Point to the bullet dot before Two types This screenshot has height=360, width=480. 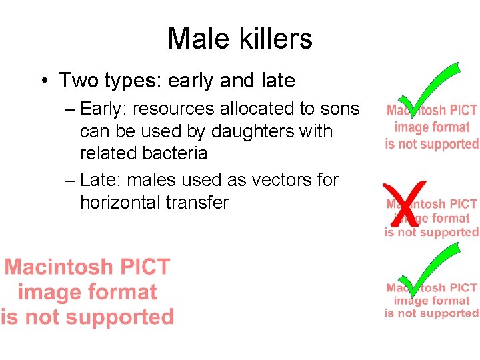pyautogui.click(x=43, y=81)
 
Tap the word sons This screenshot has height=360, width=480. pyautogui.click(x=341, y=109)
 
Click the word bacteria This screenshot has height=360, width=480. pyautogui.click(x=176, y=153)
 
